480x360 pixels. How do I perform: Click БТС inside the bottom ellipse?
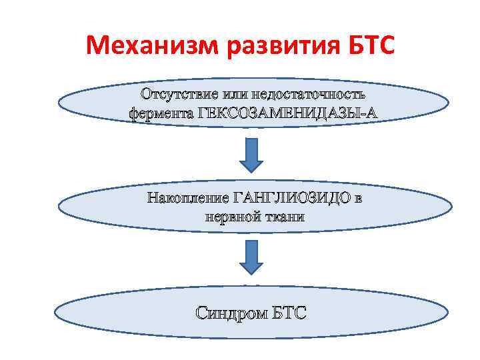coord(291,312)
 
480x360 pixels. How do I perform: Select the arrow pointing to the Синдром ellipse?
coord(250,257)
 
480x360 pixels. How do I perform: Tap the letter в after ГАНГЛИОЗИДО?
coord(359,198)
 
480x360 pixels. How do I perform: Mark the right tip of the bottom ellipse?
coord(447,314)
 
